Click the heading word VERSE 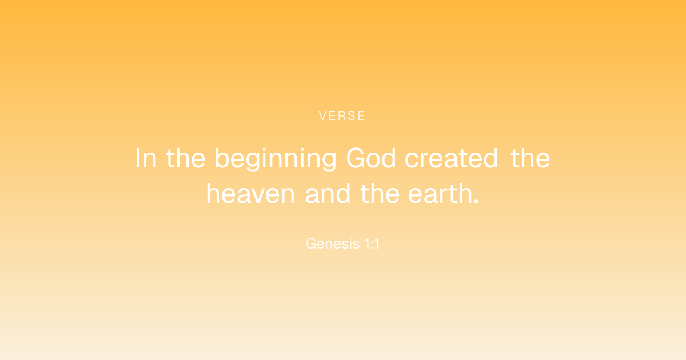point(342,115)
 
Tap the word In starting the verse point(146,158)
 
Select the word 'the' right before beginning point(186,158)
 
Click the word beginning point(276,159)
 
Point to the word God point(371,158)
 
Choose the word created point(452,158)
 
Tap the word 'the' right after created point(530,158)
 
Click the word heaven point(250,194)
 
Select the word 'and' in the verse point(328,194)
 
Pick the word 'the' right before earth point(380,194)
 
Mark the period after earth point(476,201)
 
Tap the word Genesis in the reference point(333,243)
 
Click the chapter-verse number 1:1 point(372,243)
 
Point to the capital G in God point(356,158)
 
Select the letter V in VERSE point(323,115)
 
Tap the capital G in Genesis point(312,243)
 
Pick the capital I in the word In point(138,158)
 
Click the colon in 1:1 point(372,245)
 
